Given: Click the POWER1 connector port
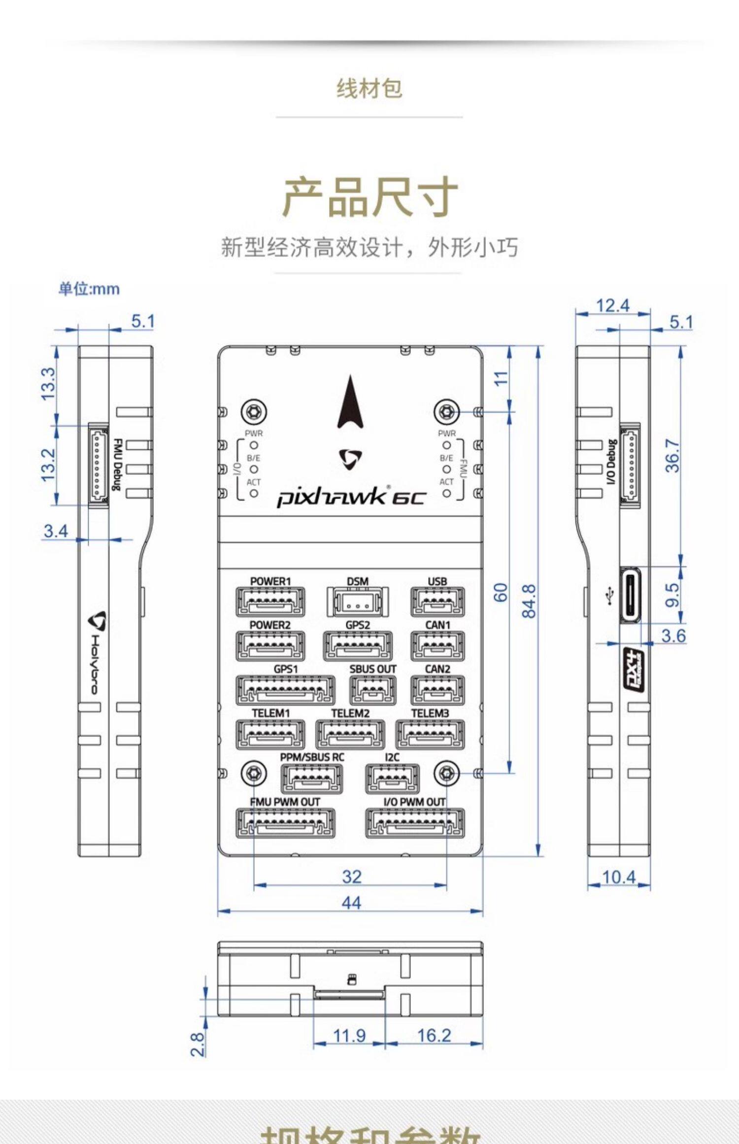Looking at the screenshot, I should coord(270,601).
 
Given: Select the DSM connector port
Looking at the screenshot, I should coord(358,602).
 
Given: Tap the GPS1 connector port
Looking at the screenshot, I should coord(285,690).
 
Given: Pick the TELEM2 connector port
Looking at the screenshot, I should coord(350,734).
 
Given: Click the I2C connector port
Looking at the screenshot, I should coord(392,778).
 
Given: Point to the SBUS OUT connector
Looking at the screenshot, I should coord(373,690).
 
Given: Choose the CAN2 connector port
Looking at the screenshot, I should coord(437,690).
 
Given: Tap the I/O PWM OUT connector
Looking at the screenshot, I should coord(414,823).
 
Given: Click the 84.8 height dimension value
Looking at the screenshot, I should coord(529,601).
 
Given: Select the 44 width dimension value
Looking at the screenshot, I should coord(351,903).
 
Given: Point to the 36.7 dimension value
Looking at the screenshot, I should coord(672,456).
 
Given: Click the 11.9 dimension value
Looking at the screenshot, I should coord(349,1035).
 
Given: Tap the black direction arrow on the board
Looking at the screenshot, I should coord(350,402).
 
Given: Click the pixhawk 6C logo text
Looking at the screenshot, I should coord(350,497).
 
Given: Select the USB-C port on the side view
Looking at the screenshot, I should coord(631,595).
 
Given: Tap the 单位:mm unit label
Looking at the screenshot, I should coord(89,289).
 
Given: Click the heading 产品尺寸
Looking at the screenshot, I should coord(369,197).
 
